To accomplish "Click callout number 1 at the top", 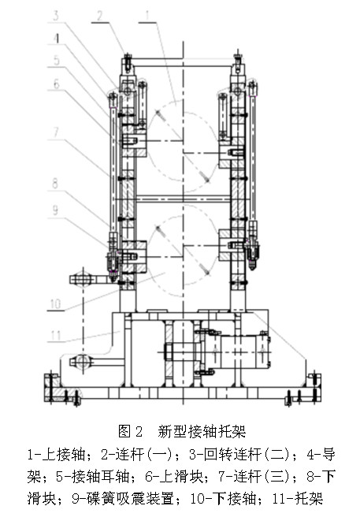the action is (x=148, y=16).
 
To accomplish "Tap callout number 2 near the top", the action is (x=100, y=16).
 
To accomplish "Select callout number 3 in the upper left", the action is (x=57, y=16).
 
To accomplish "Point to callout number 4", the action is (x=57, y=38).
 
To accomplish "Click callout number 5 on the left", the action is (x=57, y=61).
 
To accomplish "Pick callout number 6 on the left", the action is (x=57, y=84).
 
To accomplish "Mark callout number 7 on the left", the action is (x=57, y=132).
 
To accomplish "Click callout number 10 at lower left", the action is (x=55, y=303).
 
